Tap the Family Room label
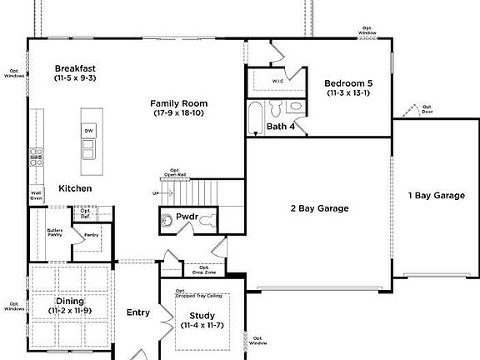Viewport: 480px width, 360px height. tap(179, 103)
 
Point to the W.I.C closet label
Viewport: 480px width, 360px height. tap(278, 82)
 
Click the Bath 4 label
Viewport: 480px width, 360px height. tap(281, 127)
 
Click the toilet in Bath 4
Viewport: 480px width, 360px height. tap(296, 107)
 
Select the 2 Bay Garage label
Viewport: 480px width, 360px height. tap(318, 208)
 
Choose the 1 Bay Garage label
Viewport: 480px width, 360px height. tap(436, 195)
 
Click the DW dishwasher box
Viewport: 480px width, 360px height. tap(88, 131)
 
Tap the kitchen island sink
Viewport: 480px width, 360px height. tap(88, 149)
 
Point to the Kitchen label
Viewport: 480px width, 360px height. tap(75, 188)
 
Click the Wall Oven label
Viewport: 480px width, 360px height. tap(36, 197)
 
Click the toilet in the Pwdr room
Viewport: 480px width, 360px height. tap(167, 219)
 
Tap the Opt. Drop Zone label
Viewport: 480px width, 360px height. tap(204, 269)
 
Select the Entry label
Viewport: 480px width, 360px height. tap(138, 313)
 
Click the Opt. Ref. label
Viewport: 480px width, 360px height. tap(87, 212)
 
